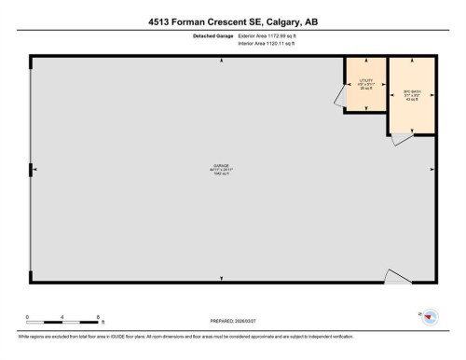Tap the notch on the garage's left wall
click(x=32, y=169)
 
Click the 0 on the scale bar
click(x=28, y=318)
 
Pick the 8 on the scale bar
click(x=100, y=318)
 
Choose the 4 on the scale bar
click(x=63, y=318)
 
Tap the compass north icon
click(x=427, y=318)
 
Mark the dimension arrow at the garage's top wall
click(x=221, y=61)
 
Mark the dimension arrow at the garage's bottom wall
click(x=221, y=279)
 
